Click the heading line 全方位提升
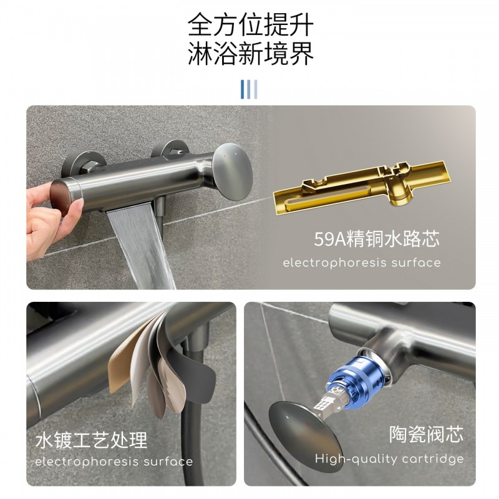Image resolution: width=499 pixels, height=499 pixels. tap(251, 25)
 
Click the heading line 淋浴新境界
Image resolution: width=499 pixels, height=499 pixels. tap(251, 54)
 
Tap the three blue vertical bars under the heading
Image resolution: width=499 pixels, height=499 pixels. tap(249, 89)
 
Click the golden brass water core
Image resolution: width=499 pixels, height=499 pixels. tap(362, 188)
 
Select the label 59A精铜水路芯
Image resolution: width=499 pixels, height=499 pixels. tap(377, 239)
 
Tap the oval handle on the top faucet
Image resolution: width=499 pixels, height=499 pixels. tap(232, 172)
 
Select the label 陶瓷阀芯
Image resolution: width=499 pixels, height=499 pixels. tap(426, 434)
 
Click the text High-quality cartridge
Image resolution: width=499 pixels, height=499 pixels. tap(389, 459)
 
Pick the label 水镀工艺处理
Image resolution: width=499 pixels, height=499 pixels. tap(91, 440)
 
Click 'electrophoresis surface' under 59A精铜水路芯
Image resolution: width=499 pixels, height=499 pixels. tap(362, 263)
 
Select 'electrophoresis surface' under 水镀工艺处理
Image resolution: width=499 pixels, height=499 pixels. tap(114, 462)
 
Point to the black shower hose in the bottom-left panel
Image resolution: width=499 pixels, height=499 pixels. tap(191, 424)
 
